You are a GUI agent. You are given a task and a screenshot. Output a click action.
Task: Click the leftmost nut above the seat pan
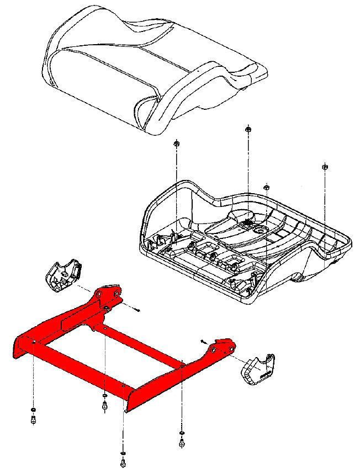point(176,144)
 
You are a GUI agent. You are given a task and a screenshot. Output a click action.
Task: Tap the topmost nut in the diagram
point(248,130)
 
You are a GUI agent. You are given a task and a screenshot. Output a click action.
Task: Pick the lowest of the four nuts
point(266,188)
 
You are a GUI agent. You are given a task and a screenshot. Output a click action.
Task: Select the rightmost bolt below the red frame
point(182,442)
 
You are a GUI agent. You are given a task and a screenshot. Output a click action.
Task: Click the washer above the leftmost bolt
point(33,410)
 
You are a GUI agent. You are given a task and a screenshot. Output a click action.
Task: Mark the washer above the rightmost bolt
point(182,432)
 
